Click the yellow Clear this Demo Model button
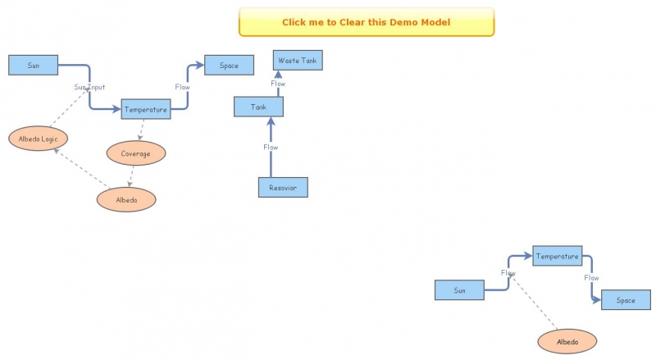[366, 22]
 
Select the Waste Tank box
[298, 61]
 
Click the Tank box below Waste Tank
[258, 107]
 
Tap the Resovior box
[283, 188]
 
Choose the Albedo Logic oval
[38, 139]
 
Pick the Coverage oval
[136, 153]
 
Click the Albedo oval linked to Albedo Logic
[125, 199]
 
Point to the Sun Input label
[89, 86]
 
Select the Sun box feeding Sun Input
[33, 65]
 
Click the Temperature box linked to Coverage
[146, 109]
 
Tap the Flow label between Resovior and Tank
[271, 147]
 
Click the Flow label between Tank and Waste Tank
[278, 83]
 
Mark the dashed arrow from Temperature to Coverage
[142, 130]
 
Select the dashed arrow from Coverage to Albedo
[131, 175]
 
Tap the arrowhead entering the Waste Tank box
[278, 74]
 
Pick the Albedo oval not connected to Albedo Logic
[567, 341]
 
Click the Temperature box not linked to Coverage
[557, 256]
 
